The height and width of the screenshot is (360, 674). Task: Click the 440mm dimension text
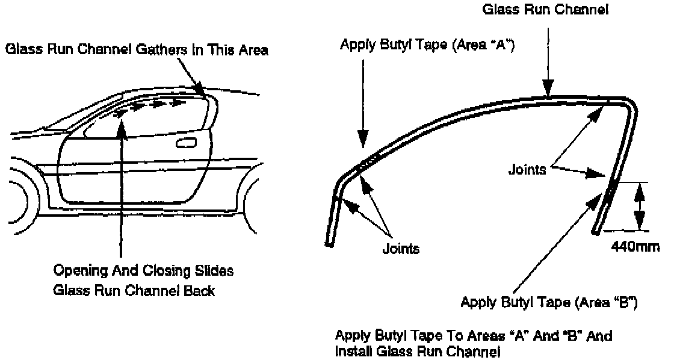click(635, 246)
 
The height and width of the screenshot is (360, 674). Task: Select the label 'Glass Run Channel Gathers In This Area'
click(137, 51)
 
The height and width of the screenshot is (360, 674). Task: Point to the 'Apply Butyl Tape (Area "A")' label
click(426, 45)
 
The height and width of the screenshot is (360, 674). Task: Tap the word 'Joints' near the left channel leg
click(400, 247)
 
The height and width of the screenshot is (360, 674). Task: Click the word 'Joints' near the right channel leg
click(527, 170)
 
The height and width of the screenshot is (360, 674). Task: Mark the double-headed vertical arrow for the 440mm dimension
click(640, 206)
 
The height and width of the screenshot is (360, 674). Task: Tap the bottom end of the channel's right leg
click(596, 231)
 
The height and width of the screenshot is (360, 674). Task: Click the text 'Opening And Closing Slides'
click(143, 272)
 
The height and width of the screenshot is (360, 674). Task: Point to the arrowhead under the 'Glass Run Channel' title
click(548, 92)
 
